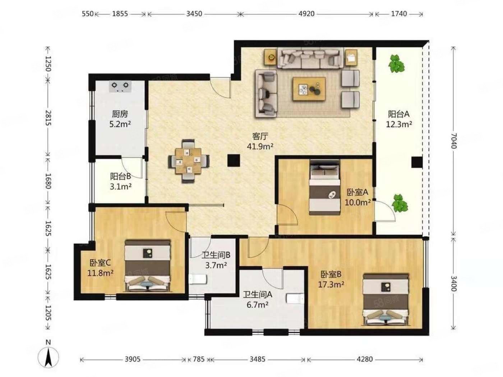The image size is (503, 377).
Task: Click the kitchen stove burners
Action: click(120, 86)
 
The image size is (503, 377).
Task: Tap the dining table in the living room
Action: click(188, 160)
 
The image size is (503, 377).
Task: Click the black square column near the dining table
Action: click(234, 160)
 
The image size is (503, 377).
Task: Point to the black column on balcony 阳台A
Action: click(417, 162)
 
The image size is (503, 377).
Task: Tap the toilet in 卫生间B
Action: click(198, 279)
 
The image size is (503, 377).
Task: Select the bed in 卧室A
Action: click(324, 187)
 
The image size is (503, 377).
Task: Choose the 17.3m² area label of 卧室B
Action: click(331, 284)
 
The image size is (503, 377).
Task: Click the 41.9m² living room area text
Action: click(260, 146)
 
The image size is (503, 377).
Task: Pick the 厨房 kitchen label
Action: click(120, 114)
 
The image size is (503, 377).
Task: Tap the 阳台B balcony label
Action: click(120, 177)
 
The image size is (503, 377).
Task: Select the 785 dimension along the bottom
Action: click(198, 359)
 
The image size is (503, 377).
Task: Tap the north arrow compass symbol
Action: click(48, 357)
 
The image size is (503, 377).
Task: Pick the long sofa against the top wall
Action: click(311, 58)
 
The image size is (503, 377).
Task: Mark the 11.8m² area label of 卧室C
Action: click(100, 273)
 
